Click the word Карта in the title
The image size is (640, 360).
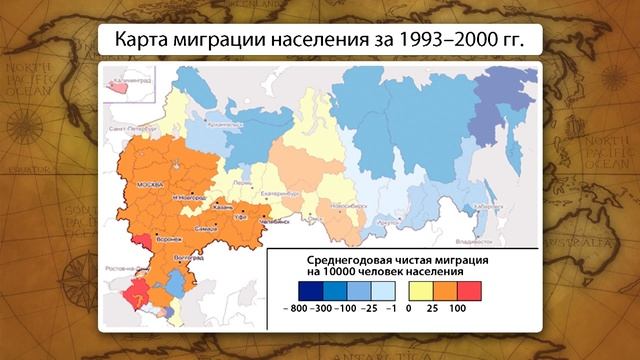146,43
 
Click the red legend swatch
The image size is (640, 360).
470,291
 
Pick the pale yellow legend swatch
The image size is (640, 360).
418,291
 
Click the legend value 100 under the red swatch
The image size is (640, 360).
459,309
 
